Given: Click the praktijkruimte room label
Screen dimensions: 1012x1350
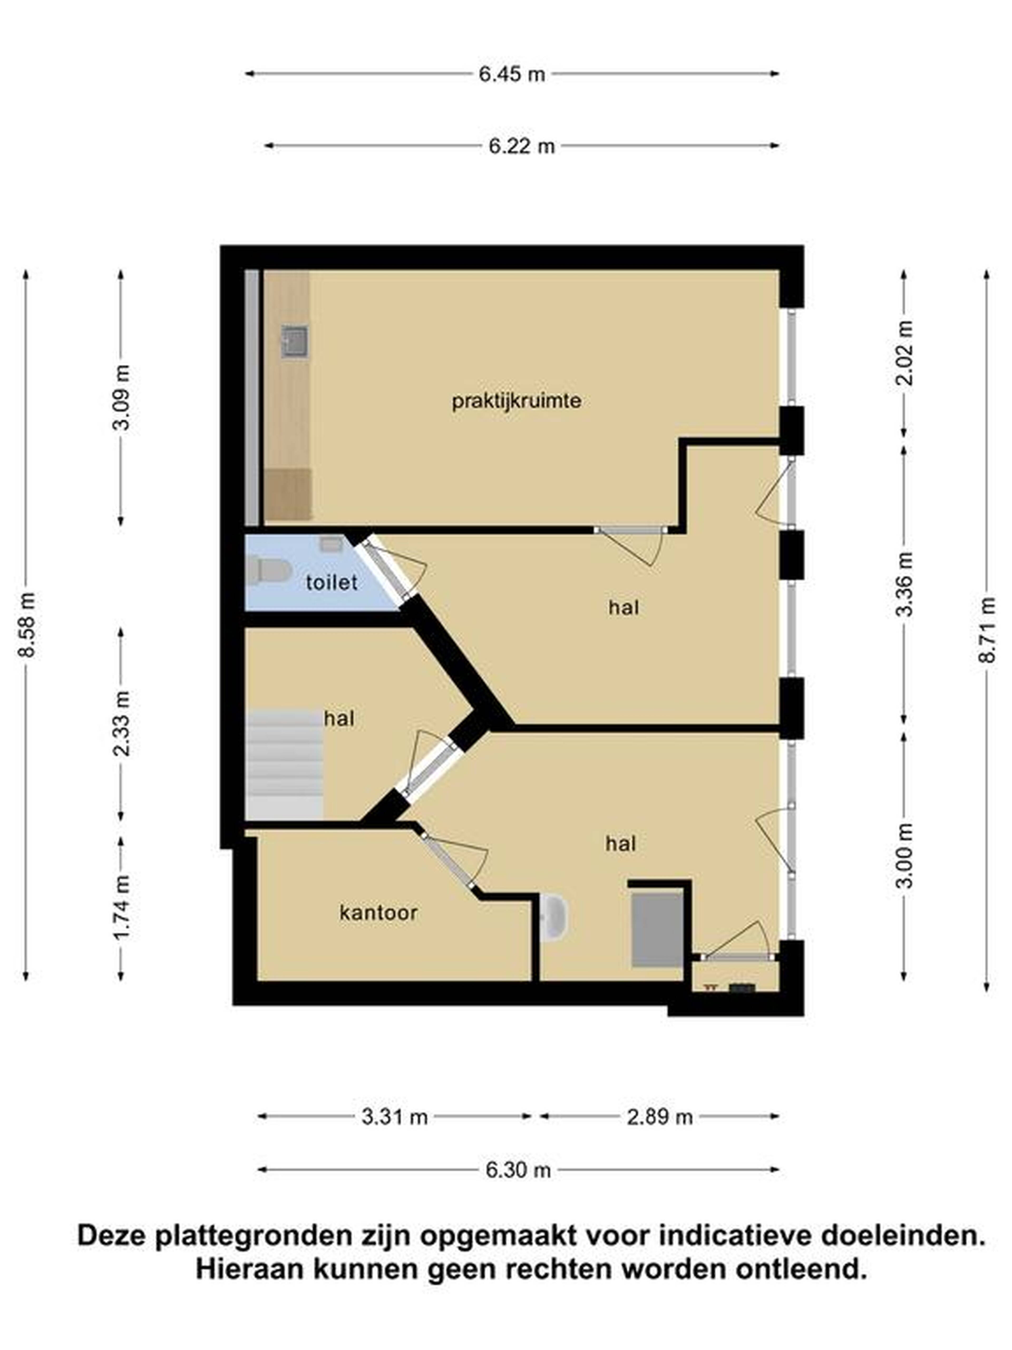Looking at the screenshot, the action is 516,402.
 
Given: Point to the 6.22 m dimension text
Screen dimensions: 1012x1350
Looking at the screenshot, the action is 522,147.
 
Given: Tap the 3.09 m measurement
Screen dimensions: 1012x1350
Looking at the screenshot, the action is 121,397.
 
